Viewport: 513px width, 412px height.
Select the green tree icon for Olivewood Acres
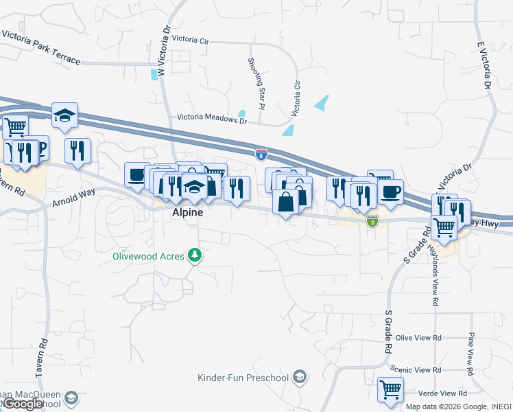coord(195,255)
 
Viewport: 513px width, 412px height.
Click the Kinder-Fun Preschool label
coord(243,377)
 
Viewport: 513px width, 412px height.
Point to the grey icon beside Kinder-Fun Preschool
coord(298,376)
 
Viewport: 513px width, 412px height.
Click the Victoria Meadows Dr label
coord(211,119)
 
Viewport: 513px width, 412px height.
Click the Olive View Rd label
coord(419,338)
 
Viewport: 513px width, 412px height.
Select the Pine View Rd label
coord(471,353)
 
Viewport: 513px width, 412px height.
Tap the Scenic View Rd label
coord(416,369)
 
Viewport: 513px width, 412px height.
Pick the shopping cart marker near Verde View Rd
coord(390,389)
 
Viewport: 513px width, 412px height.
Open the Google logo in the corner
coord(23,404)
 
